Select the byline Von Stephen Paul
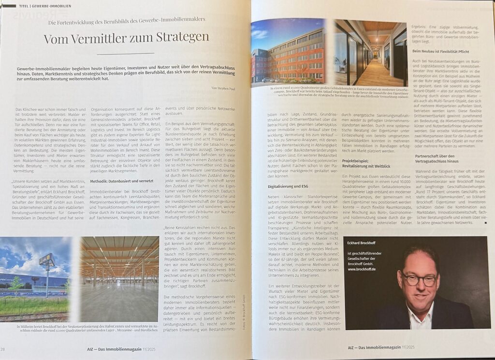[x=223, y=88]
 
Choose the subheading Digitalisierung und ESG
[x=288, y=186]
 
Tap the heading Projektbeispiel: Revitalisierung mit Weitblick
[x=366, y=162]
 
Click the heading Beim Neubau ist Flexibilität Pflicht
[x=441, y=51]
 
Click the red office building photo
[x=288, y=52]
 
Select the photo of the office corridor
[x=370, y=52]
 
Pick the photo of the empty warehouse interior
[x=119, y=279]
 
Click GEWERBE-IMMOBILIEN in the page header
[x=53, y=6]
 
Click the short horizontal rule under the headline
[x=125, y=54]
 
